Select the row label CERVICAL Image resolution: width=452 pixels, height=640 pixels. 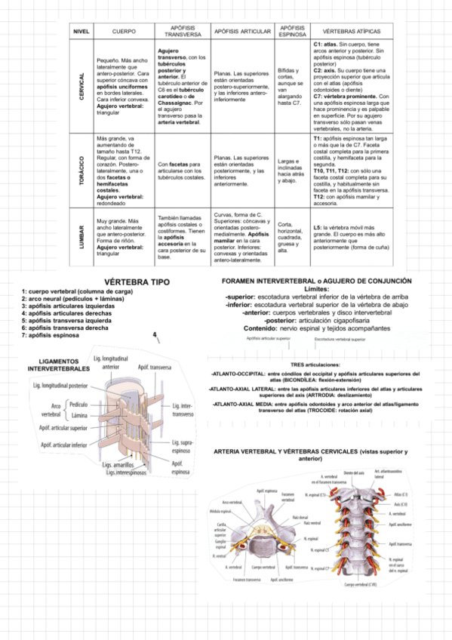point(81,88)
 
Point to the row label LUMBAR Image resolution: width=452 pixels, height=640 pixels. point(81,236)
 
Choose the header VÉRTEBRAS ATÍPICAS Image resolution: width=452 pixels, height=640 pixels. point(352,32)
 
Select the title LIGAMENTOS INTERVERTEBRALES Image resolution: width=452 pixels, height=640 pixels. point(59,365)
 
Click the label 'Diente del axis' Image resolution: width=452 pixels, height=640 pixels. point(354,472)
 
